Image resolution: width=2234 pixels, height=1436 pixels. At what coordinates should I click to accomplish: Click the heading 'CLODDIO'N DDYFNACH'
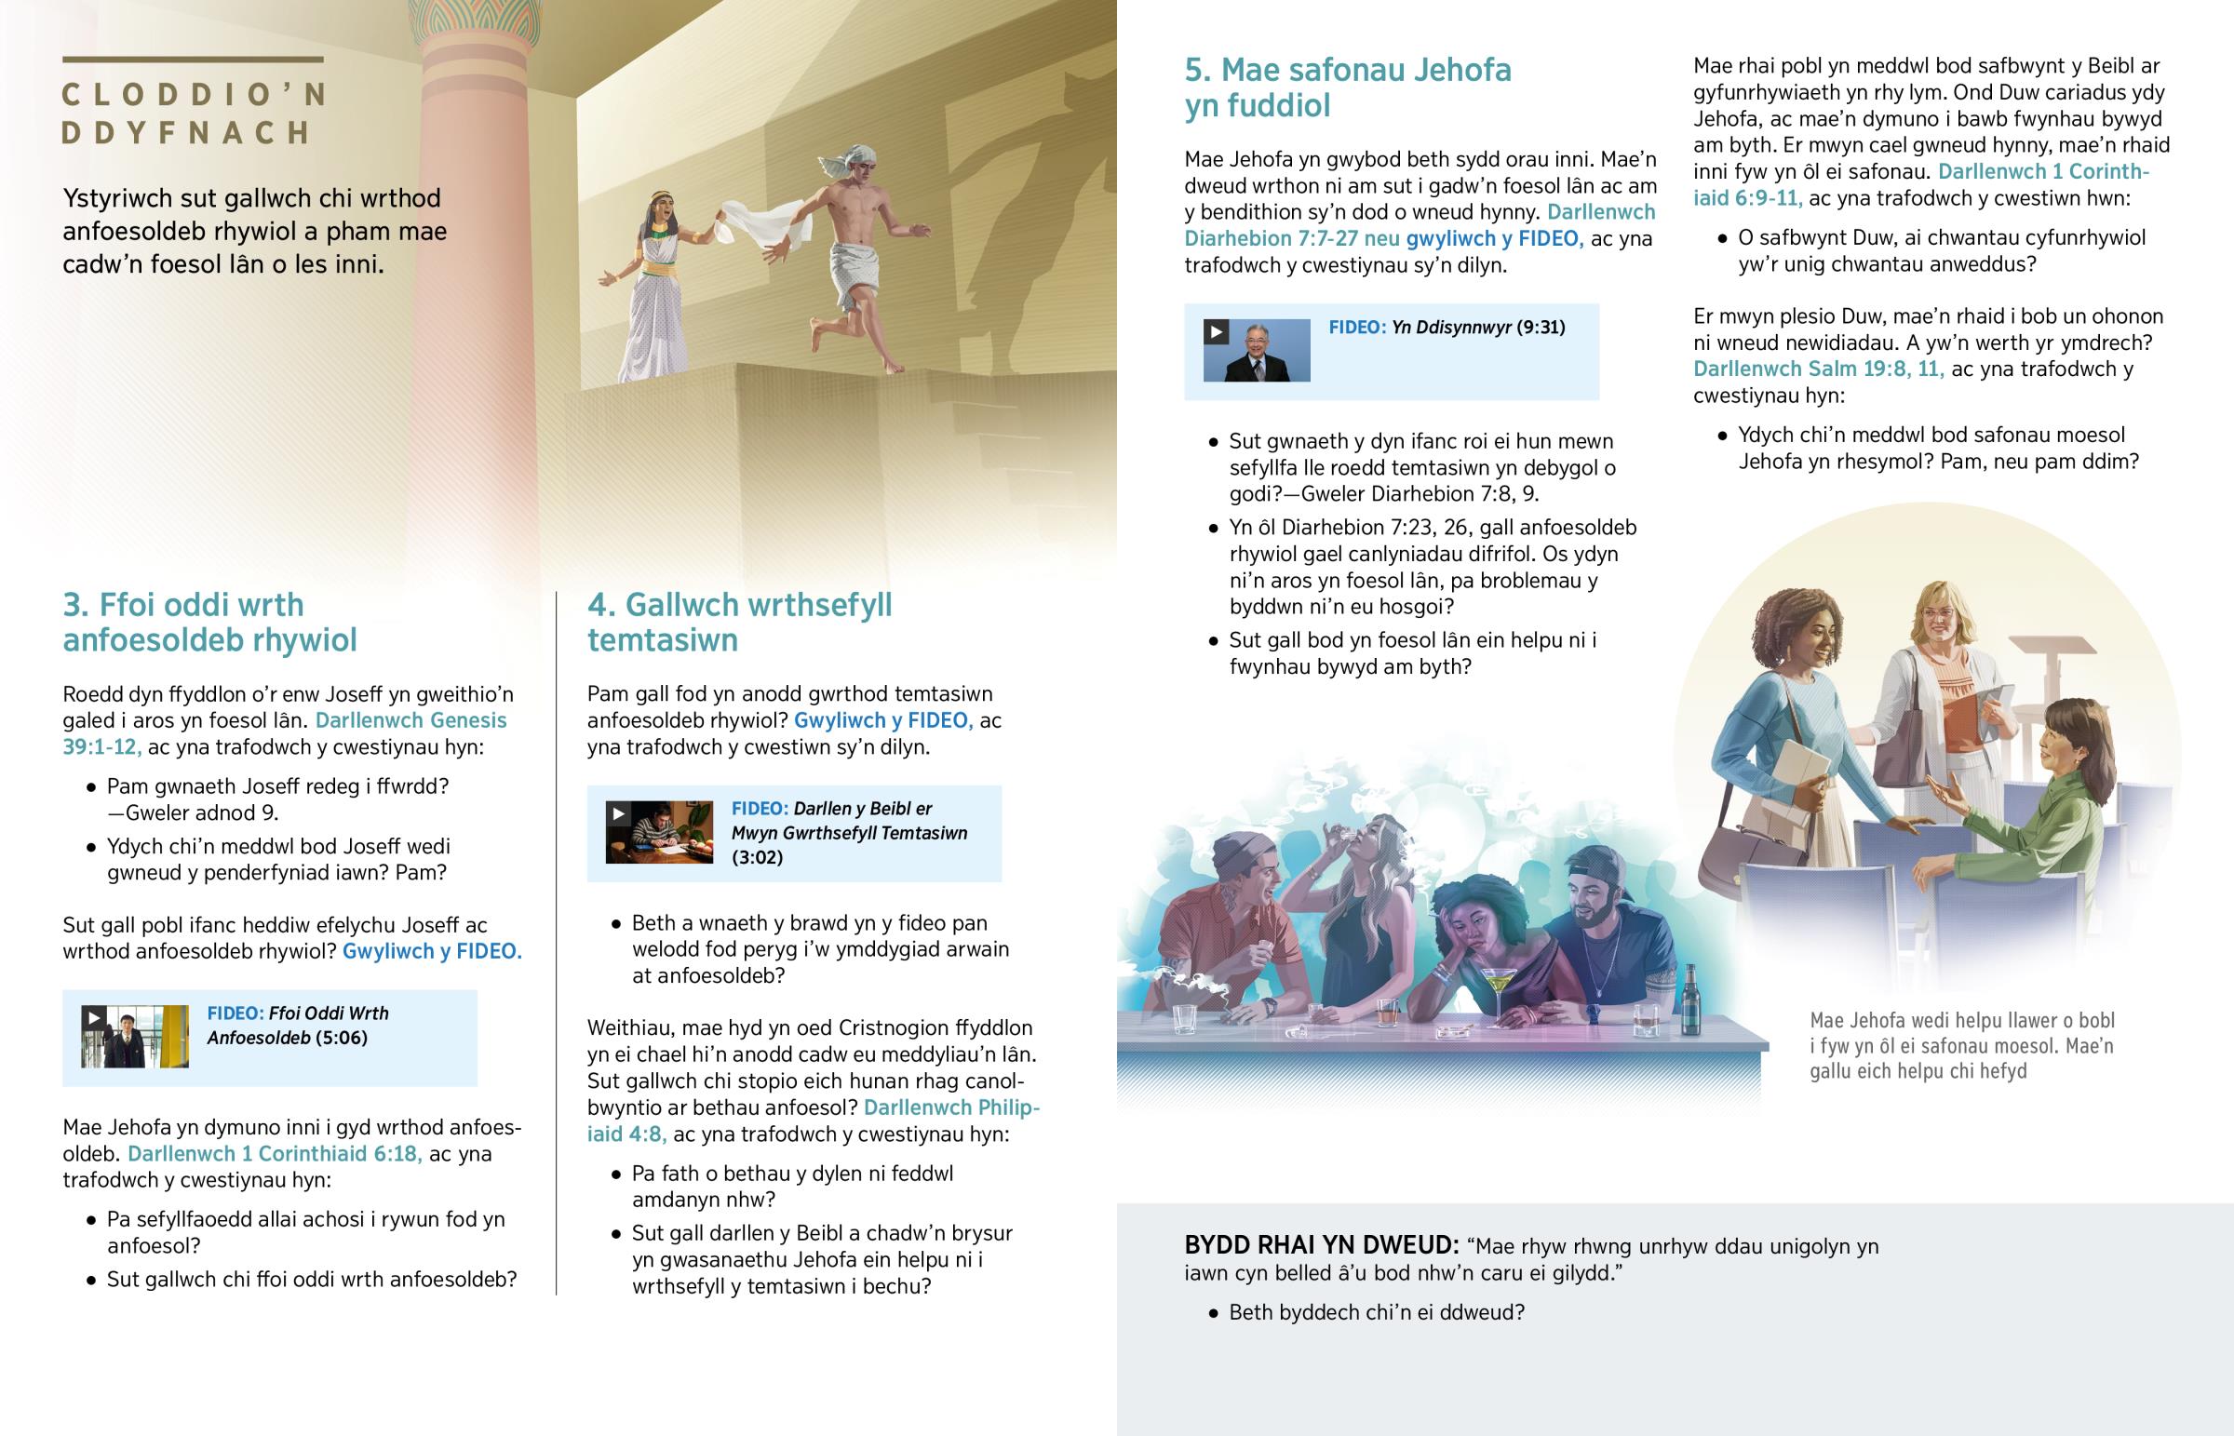(x=194, y=114)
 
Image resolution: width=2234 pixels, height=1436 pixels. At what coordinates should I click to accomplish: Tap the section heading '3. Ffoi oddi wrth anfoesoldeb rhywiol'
(x=209, y=622)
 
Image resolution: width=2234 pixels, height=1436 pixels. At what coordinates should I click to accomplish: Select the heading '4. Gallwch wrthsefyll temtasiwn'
(x=738, y=622)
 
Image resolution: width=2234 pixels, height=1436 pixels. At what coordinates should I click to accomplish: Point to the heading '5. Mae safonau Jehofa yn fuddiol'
(x=1347, y=87)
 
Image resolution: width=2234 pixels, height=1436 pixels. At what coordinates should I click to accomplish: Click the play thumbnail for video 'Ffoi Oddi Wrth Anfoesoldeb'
(x=134, y=1037)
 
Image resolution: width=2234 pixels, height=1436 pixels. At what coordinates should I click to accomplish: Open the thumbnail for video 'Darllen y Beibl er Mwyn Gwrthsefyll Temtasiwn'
(x=658, y=832)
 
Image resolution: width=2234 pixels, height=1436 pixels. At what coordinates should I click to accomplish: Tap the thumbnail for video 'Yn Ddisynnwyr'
(x=1256, y=350)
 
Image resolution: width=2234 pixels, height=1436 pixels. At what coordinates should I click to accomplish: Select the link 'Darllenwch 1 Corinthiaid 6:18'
(x=274, y=1153)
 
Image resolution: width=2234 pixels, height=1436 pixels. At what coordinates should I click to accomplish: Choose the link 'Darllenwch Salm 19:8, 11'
(x=1818, y=369)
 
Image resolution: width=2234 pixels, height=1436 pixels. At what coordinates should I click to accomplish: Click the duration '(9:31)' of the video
(x=1541, y=328)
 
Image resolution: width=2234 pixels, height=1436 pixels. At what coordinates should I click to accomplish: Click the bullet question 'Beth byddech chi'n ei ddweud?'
(x=1376, y=1313)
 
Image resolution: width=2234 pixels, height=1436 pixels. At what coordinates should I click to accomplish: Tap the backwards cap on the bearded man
(x=1595, y=868)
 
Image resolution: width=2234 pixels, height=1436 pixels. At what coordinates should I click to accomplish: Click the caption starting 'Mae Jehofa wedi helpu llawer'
(x=1962, y=1045)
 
